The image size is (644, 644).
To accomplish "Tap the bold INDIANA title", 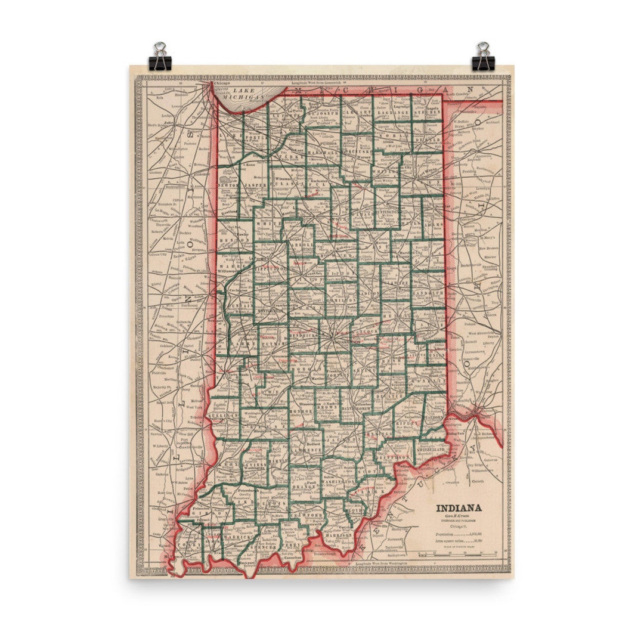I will [x=459, y=509].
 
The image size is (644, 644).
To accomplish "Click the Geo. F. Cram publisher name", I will [x=459, y=518].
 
